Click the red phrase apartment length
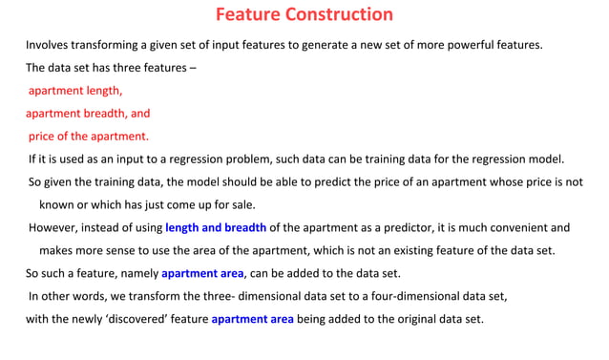75,91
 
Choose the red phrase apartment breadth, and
88,113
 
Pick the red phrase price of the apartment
88,136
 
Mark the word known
56,204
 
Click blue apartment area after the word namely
202,273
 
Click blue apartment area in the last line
252,319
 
